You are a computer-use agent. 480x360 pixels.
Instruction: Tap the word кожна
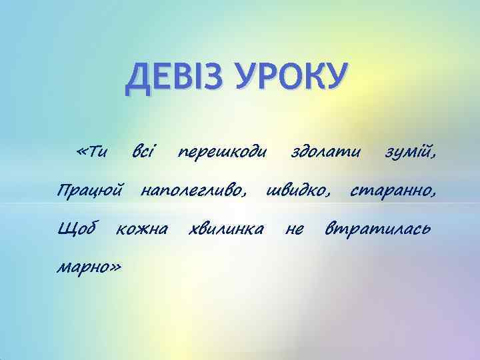point(141,231)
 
